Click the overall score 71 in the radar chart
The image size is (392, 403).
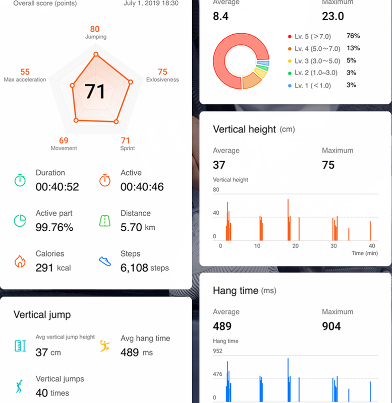click(95, 92)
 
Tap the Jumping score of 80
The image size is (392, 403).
click(95, 29)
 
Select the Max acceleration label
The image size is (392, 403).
click(25, 80)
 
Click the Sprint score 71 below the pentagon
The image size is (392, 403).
click(125, 141)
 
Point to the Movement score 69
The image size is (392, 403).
click(64, 141)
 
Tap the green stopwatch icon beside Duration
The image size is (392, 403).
click(20, 180)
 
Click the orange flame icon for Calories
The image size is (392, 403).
click(20, 261)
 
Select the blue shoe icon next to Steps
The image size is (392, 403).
click(105, 261)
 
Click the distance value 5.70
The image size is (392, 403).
click(131, 227)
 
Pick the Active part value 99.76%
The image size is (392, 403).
click(54, 227)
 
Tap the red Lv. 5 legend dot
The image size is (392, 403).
click(290, 37)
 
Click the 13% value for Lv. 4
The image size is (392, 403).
click(353, 48)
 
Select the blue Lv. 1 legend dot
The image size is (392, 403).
click(290, 86)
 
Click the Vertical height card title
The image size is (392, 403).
click(245, 129)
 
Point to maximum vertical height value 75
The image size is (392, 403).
click(328, 165)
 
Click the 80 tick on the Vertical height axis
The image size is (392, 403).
click(216, 190)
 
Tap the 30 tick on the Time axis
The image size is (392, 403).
click(334, 246)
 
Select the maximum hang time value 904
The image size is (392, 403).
click(331, 326)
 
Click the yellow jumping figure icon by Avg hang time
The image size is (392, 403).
click(105, 346)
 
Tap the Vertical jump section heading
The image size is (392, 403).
click(42, 315)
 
